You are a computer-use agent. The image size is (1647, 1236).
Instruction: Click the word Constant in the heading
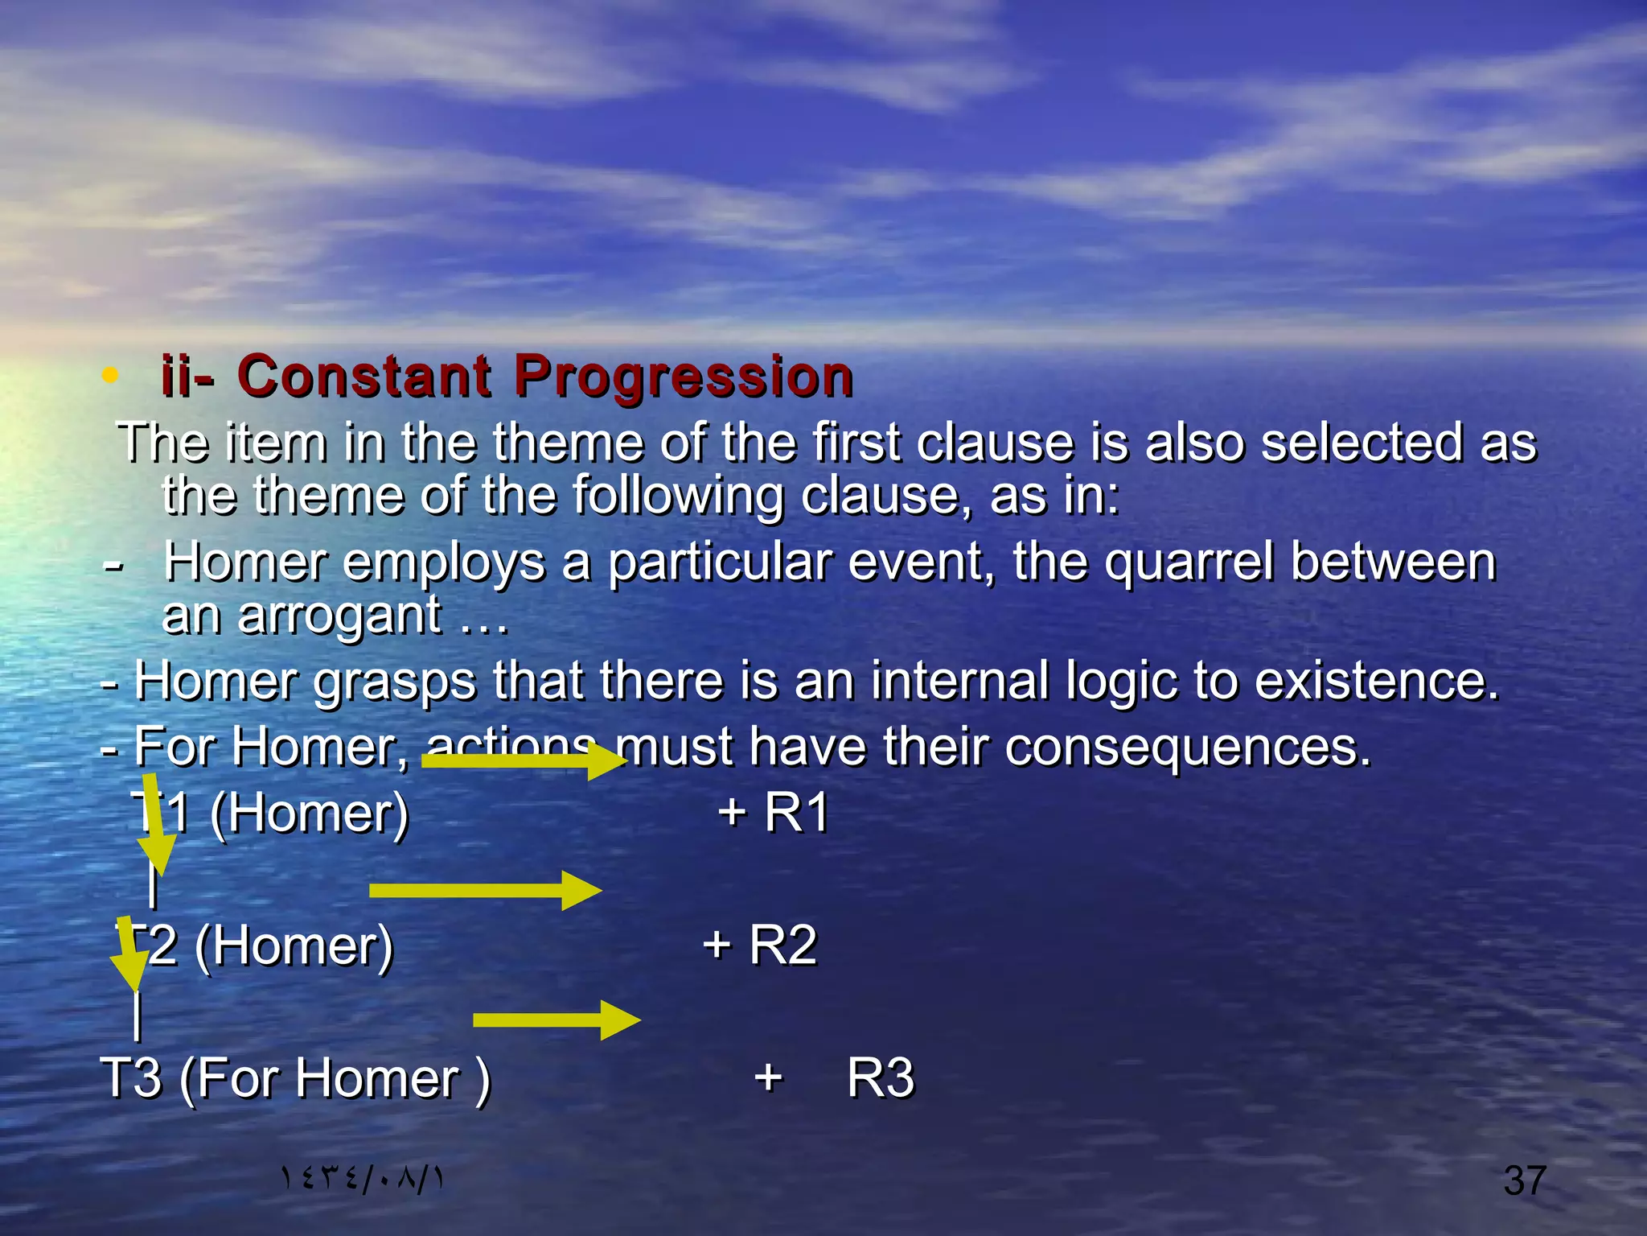[363, 377]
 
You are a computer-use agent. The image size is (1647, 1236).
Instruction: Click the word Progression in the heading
[684, 377]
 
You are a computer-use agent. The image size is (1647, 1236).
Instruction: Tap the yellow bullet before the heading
[111, 375]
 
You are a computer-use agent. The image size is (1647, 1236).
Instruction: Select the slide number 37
[1525, 1180]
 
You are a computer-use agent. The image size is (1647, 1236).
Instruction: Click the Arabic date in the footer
[362, 1179]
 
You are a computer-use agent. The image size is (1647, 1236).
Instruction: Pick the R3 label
[881, 1077]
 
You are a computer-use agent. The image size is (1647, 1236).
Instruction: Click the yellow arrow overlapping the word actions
[523, 760]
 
